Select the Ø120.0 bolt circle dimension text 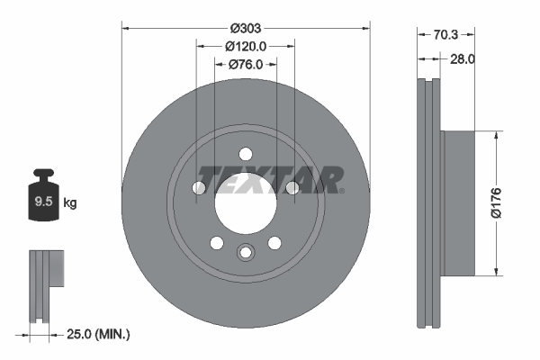tap(246, 44)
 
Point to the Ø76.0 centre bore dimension tap(245, 64)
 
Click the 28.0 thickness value tap(463, 59)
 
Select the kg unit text tap(70, 203)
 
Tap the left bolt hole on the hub tap(200, 187)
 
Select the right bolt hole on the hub tap(292, 187)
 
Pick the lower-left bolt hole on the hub tap(216, 242)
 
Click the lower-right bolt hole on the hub tap(275, 242)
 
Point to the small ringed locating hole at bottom tap(246, 252)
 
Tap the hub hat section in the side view tap(457, 202)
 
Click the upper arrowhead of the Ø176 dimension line tap(496, 136)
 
